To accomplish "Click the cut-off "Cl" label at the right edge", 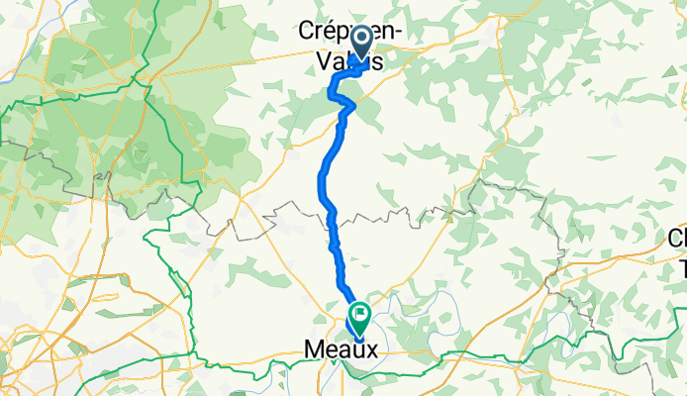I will point(678,239).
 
